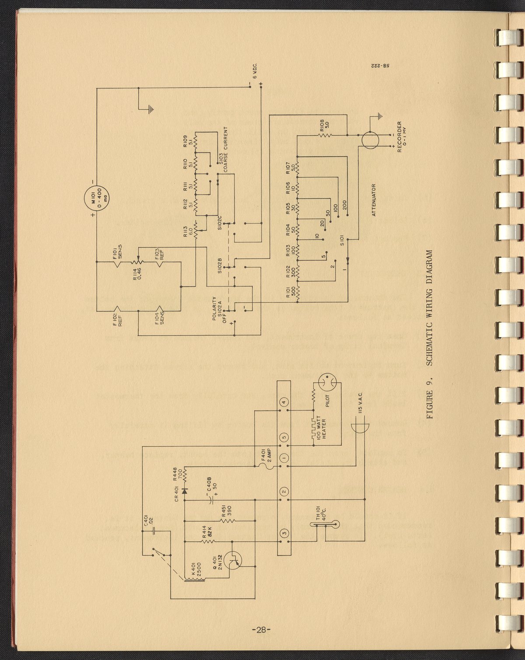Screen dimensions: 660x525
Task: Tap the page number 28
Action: click(261, 629)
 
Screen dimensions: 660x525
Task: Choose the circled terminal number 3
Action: click(284, 533)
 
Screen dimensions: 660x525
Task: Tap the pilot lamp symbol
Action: click(327, 383)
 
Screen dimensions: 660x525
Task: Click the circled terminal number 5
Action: click(284, 436)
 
